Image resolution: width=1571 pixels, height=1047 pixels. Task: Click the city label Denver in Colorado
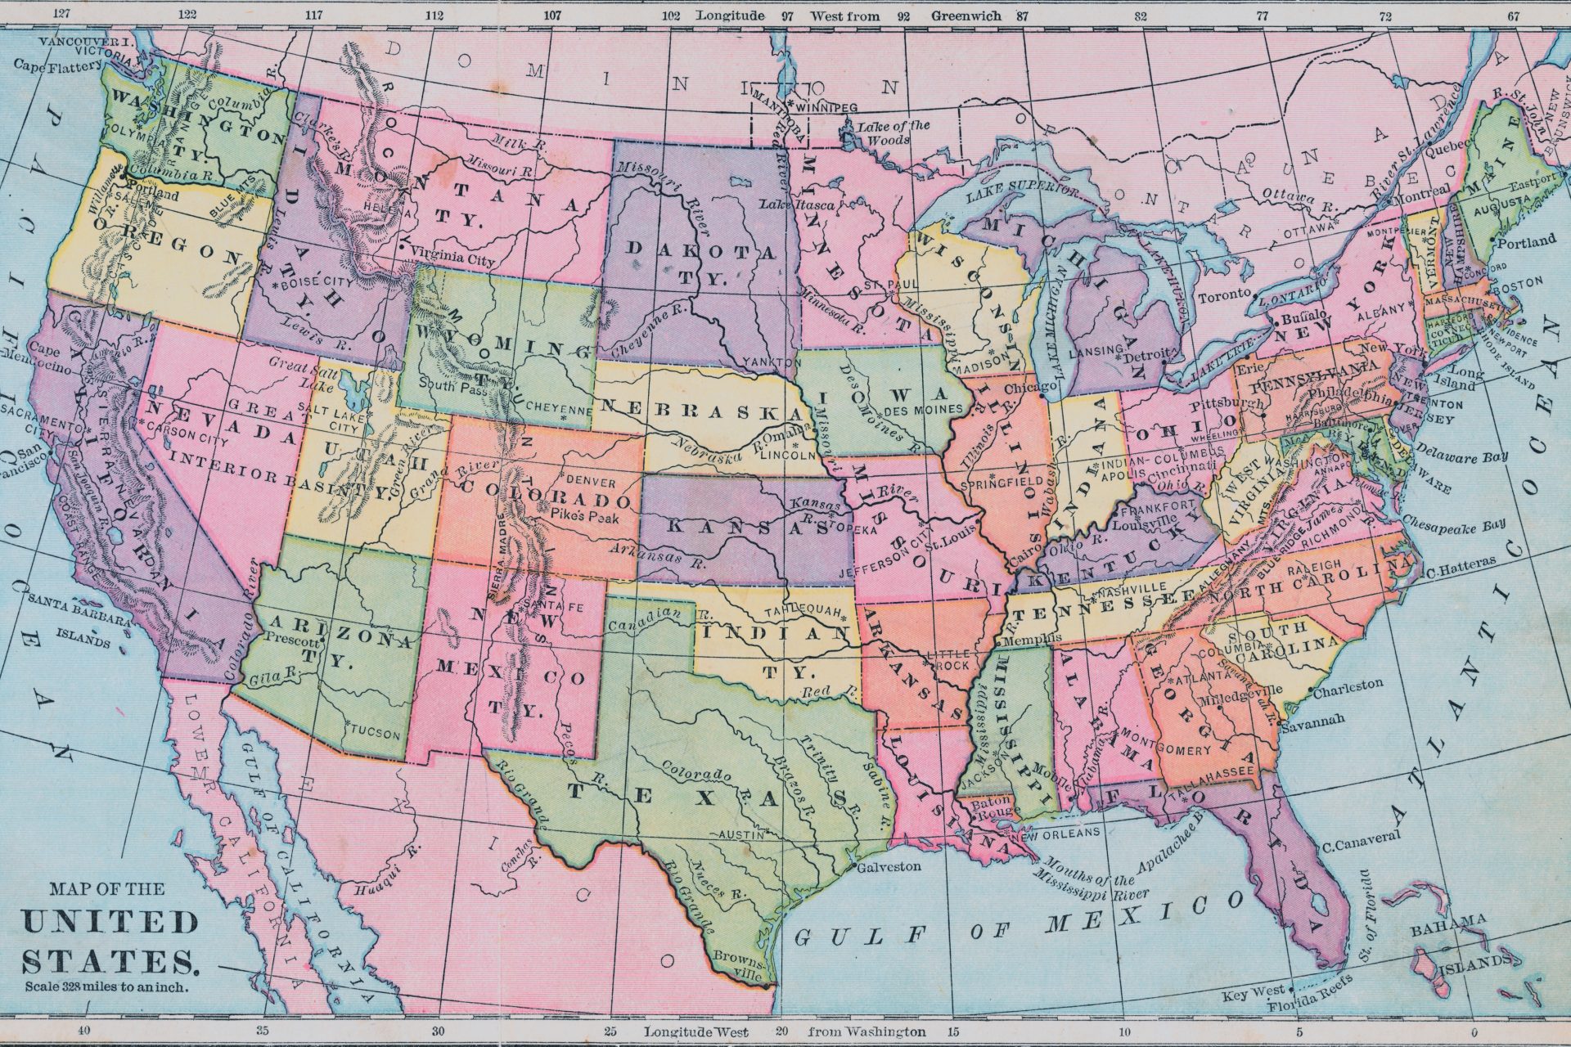click(591, 481)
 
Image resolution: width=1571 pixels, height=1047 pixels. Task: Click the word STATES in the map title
click(111, 961)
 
